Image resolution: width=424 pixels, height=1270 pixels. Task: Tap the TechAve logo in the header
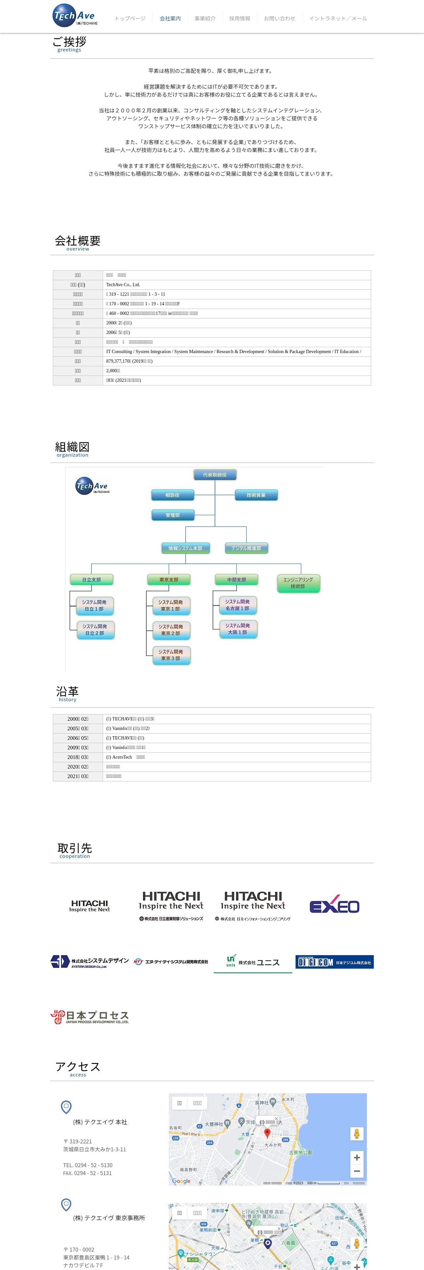[75, 15]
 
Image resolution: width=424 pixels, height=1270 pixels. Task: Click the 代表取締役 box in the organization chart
[215, 475]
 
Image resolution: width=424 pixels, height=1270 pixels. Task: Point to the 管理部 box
[172, 515]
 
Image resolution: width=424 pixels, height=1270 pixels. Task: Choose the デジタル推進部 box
[246, 548]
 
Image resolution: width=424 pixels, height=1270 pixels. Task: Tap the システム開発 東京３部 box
[171, 655]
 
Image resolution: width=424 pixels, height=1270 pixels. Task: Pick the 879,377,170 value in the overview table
[129, 361]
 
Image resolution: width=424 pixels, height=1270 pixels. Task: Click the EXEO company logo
[334, 906]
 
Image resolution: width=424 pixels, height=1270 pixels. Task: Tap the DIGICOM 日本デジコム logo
[334, 962]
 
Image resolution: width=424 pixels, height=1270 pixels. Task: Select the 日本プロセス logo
[90, 1017]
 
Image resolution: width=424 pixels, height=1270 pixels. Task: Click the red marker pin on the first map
[267, 1133]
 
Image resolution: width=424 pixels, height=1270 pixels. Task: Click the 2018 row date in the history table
[78, 757]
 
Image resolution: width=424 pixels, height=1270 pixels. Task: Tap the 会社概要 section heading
[78, 241]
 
